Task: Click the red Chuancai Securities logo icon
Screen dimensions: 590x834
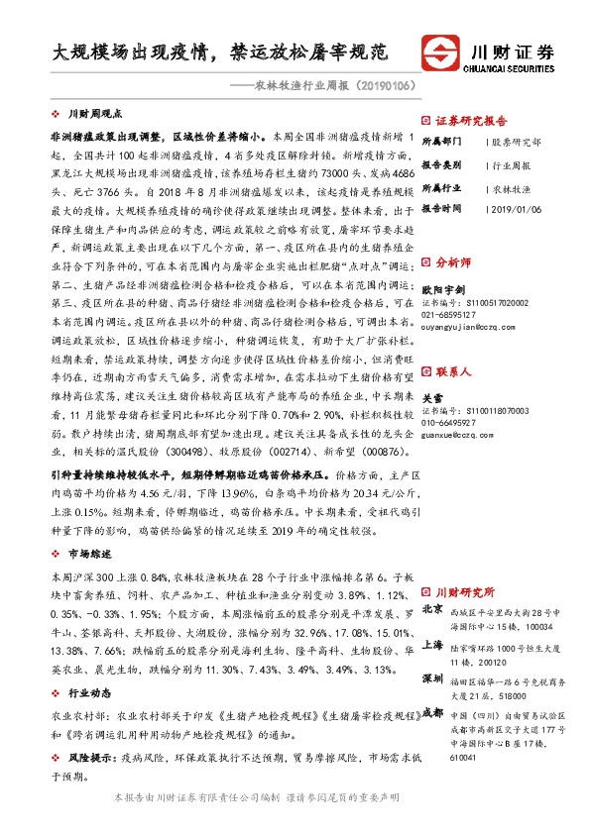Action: point(440,52)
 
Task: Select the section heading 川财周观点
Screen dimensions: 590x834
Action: point(100,115)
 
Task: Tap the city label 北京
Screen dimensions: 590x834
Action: point(432,609)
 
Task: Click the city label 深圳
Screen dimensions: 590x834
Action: point(432,678)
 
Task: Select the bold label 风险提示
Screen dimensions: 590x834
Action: point(88,756)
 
